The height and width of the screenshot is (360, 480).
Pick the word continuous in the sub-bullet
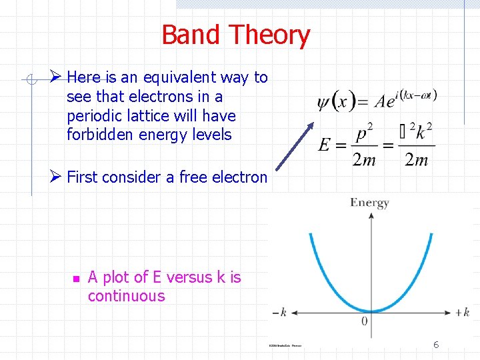(x=126, y=296)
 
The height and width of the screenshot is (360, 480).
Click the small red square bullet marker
(x=75, y=279)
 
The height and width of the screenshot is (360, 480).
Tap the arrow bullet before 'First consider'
(x=57, y=177)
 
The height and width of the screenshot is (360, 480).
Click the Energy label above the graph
(x=369, y=203)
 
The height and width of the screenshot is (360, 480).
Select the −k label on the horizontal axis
(x=279, y=312)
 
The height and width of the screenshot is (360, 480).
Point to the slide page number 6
(x=436, y=345)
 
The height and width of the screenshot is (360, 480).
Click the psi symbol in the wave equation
(x=323, y=103)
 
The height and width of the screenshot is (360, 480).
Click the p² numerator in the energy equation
(x=364, y=133)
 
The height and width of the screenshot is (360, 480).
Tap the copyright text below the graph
(x=285, y=345)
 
